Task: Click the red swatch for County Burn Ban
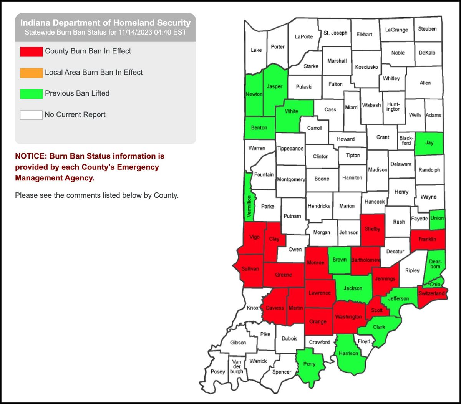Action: point(32,51)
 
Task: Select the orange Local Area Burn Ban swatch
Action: point(32,73)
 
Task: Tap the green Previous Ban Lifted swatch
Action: point(32,94)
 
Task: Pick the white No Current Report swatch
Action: point(32,114)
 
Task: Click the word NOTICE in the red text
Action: point(30,156)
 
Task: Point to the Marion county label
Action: point(347,206)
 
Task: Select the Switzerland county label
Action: point(431,293)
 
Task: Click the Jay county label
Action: point(429,143)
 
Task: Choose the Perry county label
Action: point(309,364)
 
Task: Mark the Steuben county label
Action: point(427,29)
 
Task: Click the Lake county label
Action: point(256,50)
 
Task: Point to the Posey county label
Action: point(218,371)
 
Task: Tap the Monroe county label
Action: point(315,263)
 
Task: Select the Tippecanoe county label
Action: point(290,149)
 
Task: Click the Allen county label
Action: point(425,83)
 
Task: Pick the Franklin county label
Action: point(427,239)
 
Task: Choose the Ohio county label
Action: point(435,285)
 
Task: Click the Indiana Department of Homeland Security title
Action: point(105,23)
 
